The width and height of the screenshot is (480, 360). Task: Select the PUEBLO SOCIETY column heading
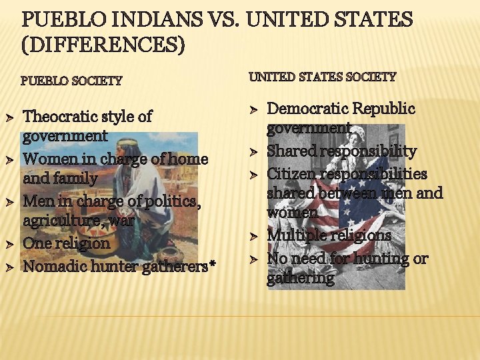pos(71,81)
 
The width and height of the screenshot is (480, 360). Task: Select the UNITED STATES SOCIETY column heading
pos(323,77)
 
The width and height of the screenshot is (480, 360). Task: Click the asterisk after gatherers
pos(213,265)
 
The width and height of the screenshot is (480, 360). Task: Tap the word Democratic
pos(307,109)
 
